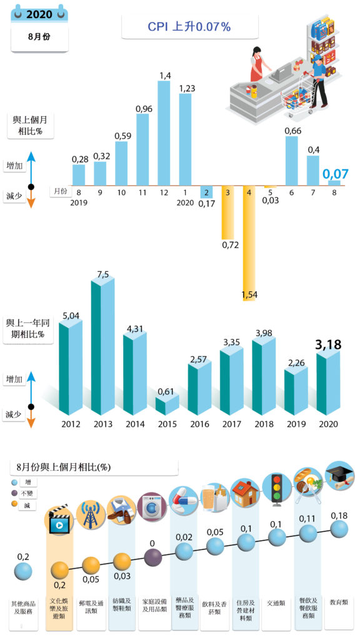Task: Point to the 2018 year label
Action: pyautogui.click(x=264, y=424)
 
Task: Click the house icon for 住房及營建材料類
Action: pyautogui.click(x=245, y=494)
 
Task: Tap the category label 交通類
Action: pyautogui.click(x=276, y=603)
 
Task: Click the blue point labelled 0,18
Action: pyautogui.click(x=339, y=529)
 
